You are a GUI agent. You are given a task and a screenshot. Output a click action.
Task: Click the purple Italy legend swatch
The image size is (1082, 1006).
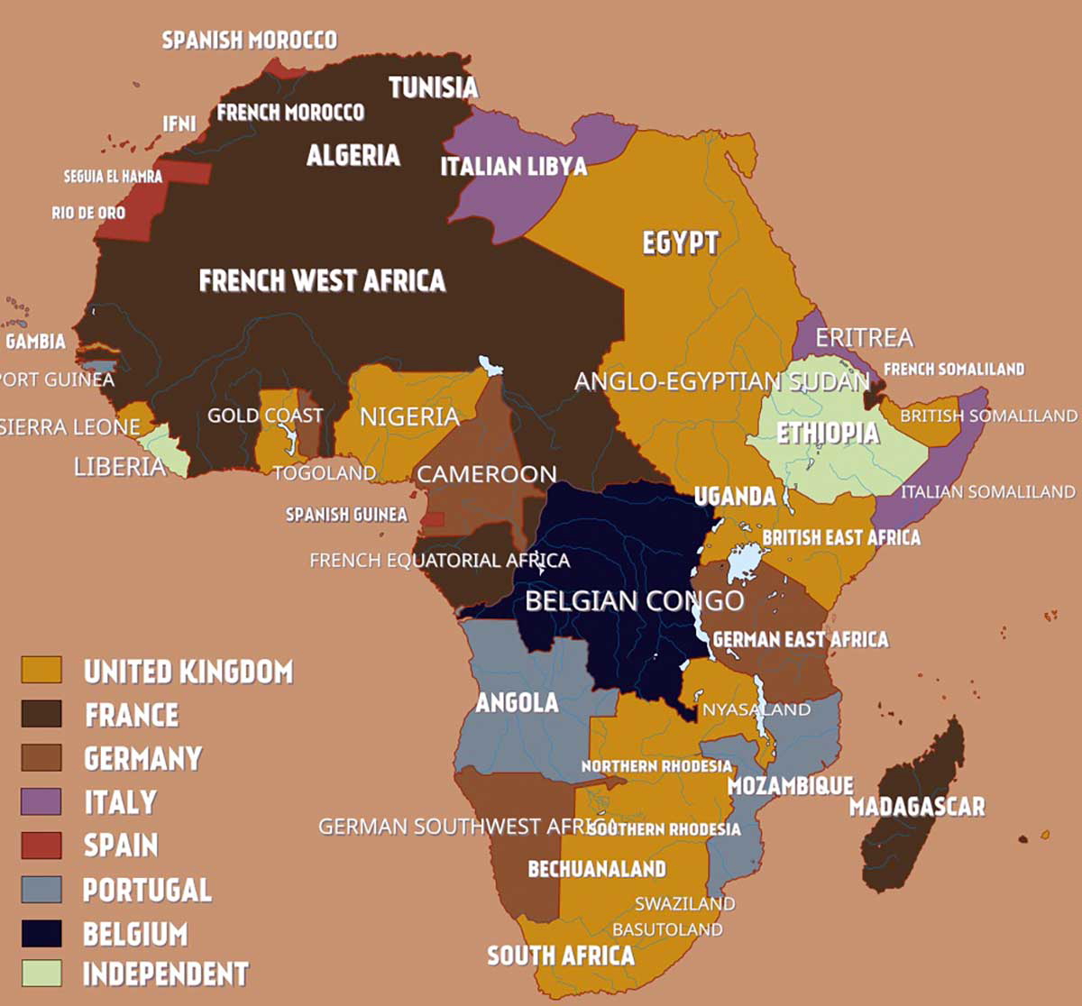[41, 801]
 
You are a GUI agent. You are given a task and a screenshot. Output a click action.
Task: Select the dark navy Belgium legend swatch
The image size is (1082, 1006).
[41, 933]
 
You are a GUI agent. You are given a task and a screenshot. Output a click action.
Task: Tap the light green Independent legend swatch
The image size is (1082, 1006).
[41, 974]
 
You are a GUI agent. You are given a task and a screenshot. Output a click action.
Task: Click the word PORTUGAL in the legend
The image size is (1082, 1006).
[147, 890]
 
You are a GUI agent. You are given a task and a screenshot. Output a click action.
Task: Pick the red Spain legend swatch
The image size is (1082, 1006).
[41, 845]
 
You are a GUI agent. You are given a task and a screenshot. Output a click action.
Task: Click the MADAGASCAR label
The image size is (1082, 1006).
[917, 806]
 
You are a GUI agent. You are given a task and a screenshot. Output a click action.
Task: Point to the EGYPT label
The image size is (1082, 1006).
[681, 242]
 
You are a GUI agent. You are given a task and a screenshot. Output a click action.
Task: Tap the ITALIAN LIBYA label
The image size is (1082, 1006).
[513, 166]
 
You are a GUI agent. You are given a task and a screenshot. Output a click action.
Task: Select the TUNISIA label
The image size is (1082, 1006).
[434, 87]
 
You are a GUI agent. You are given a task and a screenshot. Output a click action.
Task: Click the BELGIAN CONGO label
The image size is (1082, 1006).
[635, 600]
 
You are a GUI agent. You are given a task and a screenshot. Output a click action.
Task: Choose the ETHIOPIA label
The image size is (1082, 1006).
[828, 433]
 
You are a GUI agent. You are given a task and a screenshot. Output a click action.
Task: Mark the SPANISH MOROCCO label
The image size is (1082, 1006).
[249, 40]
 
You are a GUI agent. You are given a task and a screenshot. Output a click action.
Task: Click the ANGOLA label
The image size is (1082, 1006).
[517, 702]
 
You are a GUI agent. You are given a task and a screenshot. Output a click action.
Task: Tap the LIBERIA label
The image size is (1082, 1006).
[120, 467]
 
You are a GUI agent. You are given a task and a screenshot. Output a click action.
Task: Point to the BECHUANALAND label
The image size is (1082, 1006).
[597, 869]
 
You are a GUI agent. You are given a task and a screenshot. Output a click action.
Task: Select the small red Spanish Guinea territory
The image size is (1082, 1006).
[434, 519]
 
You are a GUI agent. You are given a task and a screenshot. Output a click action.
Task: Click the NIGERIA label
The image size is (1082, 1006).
[409, 416]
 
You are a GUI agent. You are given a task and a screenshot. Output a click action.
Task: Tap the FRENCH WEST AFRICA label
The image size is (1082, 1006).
[322, 280]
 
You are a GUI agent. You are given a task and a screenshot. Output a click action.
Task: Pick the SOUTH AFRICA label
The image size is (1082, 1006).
[561, 956]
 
